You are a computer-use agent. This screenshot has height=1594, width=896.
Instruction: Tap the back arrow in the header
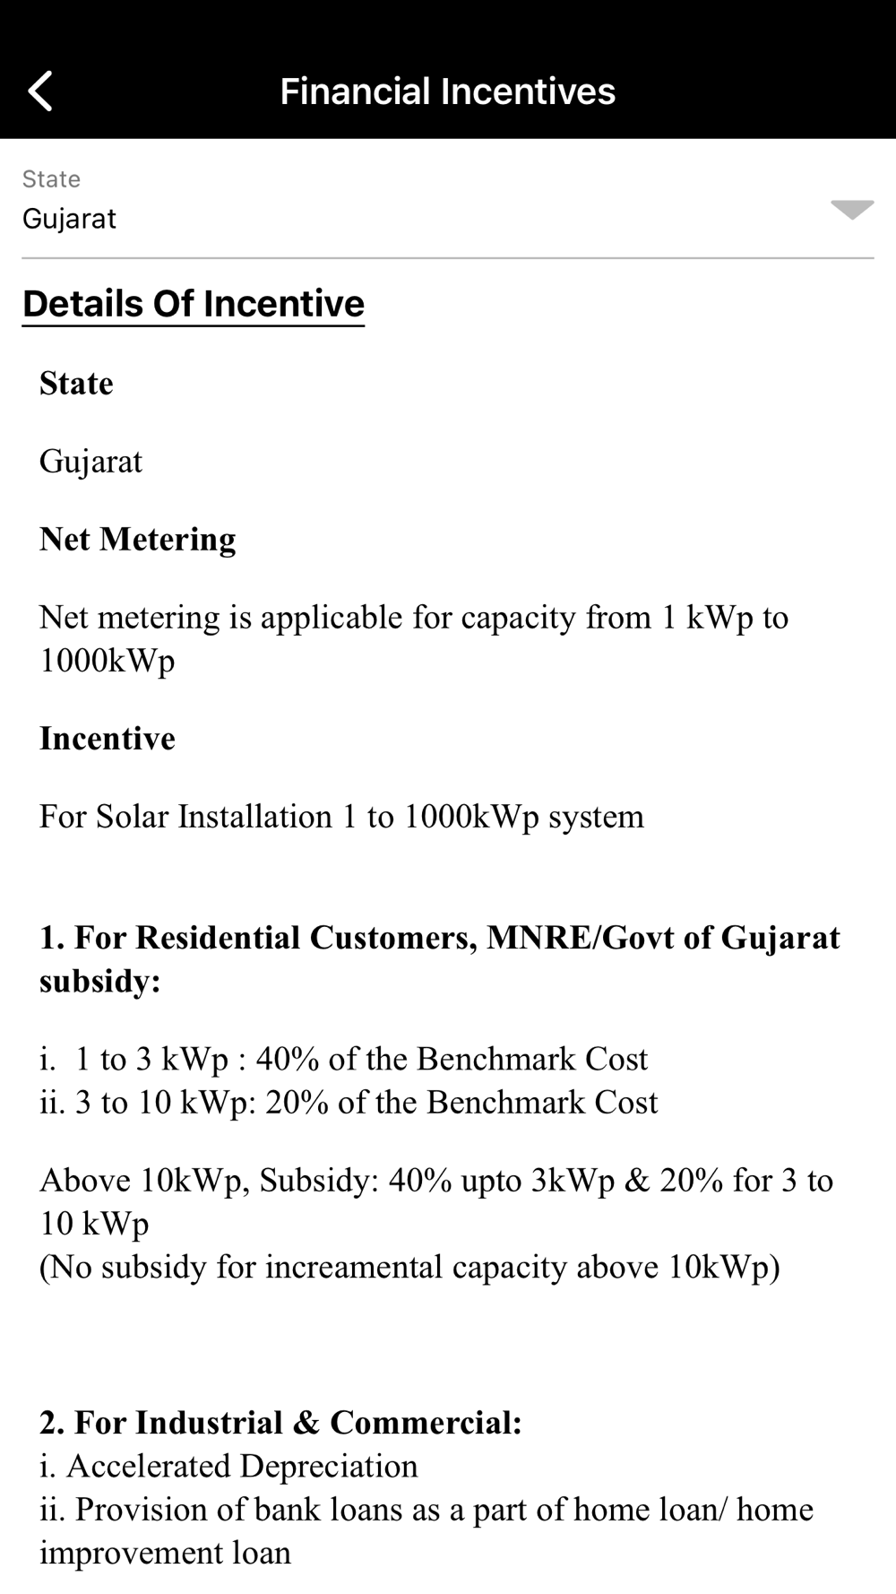[40, 91]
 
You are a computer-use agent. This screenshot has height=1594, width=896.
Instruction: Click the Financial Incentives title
[447, 91]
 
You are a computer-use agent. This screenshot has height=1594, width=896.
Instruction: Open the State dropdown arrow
[851, 210]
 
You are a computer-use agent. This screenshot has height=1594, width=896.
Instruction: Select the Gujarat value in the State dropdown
[69, 219]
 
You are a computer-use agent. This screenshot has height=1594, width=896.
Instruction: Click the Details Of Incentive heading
[194, 304]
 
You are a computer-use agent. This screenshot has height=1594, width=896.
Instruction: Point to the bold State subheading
[76, 384]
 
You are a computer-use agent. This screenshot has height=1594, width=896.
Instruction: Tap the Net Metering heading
[137, 539]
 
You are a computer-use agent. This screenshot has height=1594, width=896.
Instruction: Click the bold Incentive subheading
[108, 739]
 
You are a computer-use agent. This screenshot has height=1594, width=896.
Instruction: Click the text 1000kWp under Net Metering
[107, 661]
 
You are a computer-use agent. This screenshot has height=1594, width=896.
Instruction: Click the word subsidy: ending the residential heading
[99, 981]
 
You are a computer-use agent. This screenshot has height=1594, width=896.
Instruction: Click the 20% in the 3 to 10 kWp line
[297, 1103]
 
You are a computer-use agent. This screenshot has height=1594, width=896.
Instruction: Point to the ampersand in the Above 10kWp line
[636, 1181]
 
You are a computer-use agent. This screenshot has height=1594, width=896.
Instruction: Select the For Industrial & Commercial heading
[280, 1423]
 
